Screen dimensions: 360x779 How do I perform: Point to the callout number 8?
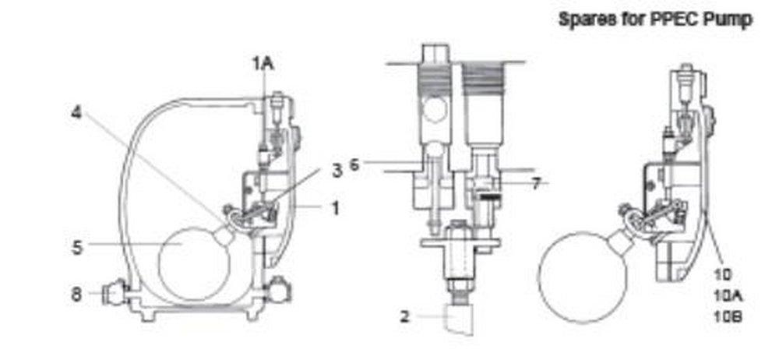(76, 294)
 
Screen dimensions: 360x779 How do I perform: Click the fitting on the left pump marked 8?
(112, 294)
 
